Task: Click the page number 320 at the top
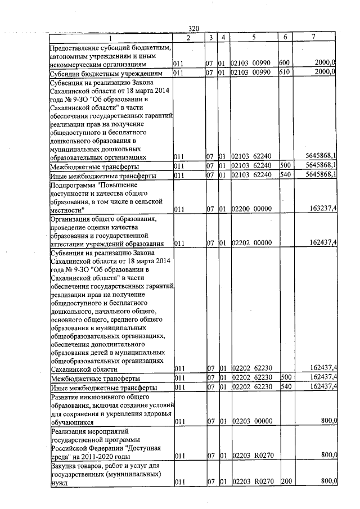click(x=194, y=28)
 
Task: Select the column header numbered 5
click(x=254, y=37)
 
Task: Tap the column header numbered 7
click(x=313, y=37)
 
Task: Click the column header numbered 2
click(x=188, y=37)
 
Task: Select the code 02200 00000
click(x=251, y=209)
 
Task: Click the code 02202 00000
click(x=251, y=243)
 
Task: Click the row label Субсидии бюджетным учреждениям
click(x=106, y=74)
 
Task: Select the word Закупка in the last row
click(x=64, y=466)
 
